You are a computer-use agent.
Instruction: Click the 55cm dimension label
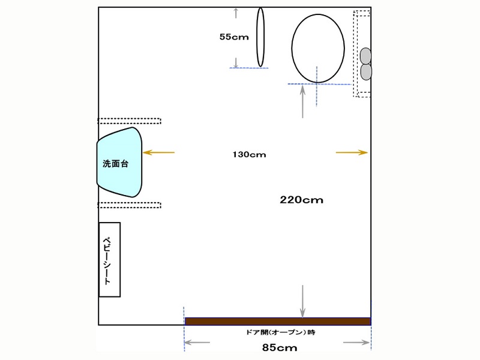click(x=234, y=37)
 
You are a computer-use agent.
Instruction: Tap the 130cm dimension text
click(x=249, y=155)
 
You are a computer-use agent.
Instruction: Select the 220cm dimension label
click(x=302, y=200)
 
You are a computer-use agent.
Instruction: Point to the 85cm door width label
click(x=280, y=347)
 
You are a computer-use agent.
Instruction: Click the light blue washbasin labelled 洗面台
click(x=119, y=162)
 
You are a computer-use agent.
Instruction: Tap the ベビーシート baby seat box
click(x=110, y=260)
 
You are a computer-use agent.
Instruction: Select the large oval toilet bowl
click(x=318, y=49)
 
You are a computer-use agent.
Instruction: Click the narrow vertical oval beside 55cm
click(x=260, y=37)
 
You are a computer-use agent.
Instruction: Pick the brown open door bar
click(x=278, y=321)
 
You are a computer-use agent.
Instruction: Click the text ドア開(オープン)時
click(x=280, y=332)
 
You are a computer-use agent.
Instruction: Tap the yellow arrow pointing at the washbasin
click(x=158, y=152)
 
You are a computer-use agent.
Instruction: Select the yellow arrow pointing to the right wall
click(x=352, y=152)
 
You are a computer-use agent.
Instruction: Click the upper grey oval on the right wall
click(x=365, y=56)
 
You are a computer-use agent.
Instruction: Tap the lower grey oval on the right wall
click(x=366, y=72)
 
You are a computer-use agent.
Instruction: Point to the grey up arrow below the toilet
click(x=303, y=101)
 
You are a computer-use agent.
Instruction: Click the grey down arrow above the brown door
click(x=302, y=302)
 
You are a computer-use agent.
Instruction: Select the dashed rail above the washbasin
click(x=129, y=121)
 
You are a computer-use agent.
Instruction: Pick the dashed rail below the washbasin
click(x=129, y=205)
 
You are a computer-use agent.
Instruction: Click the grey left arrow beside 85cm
click(x=197, y=342)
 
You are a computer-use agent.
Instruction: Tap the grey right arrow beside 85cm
click(x=356, y=342)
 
